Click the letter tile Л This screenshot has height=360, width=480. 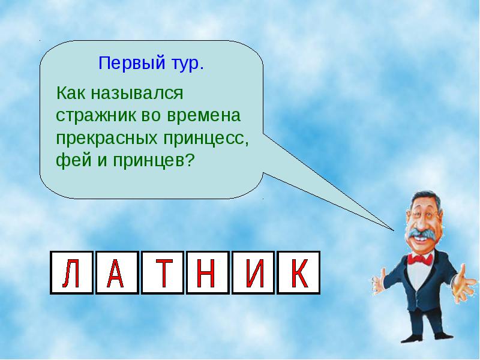[x=71, y=273]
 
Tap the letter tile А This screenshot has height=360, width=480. [x=117, y=273]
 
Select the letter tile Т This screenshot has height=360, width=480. [x=163, y=273]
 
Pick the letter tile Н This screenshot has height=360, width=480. [x=208, y=273]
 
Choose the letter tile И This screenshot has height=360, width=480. [x=253, y=273]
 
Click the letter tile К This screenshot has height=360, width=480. [x=298, y=273]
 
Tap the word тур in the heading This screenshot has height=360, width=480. [x=187, y=64]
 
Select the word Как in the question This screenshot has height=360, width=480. [x=71, y=93]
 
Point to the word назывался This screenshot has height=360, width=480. [x=137, y=94]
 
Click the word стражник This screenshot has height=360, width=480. [x=96, y=116]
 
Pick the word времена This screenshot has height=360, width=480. [x=204, y=116]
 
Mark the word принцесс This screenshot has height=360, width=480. [x=206, y=139]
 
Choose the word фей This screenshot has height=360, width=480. [x=74, y=160]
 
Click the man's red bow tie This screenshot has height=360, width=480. [x=419, y=260]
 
